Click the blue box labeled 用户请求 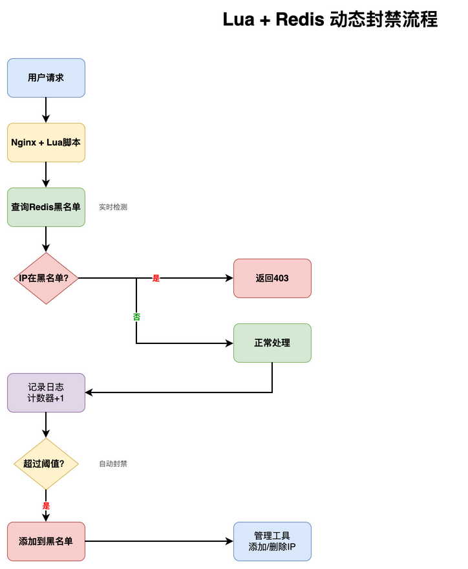(46, 78)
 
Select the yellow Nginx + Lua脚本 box (46, 142)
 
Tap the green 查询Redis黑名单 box (46, 207)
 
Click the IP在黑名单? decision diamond (46, 278)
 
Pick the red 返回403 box (272, 278)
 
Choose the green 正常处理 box (272, 343)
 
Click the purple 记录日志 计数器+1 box (46, 392)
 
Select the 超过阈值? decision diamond (46, 464)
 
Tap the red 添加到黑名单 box (46, 541)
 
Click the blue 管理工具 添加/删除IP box (272, 541)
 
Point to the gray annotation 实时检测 (113, 207)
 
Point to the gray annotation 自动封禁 (113, 464)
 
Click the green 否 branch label (136, 317)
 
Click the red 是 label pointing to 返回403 (156, 278)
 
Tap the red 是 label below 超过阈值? (46, 506)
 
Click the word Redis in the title (300, 19)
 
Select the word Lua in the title (238, 19)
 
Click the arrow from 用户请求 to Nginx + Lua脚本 (46, 110)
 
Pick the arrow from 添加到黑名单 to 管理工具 (158, 541)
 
